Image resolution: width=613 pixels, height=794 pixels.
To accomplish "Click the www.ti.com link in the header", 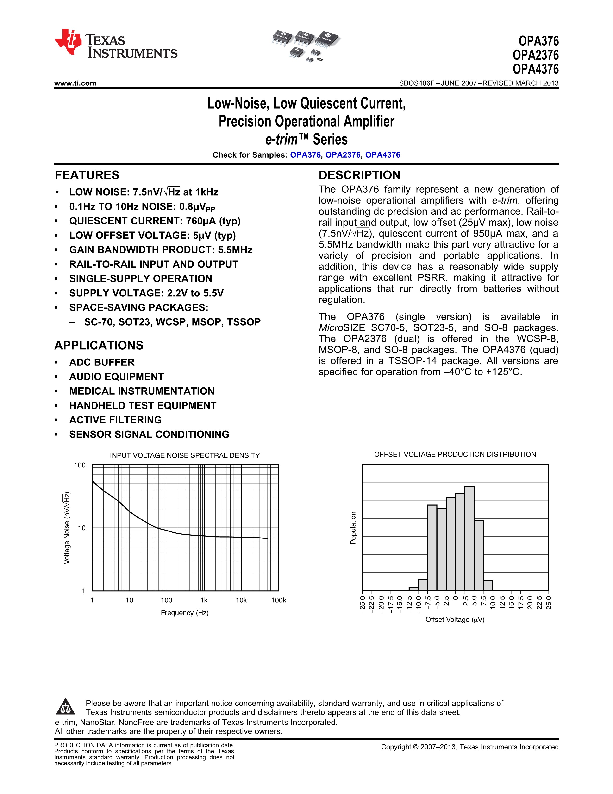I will pos(75,83).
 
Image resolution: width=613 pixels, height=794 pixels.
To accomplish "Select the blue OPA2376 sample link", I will pos(343,155).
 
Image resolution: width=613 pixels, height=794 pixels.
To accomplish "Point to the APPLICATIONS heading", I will pos(99,345).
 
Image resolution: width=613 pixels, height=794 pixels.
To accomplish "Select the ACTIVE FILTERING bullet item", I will pos(115,420).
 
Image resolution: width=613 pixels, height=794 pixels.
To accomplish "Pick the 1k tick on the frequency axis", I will pos(204,600).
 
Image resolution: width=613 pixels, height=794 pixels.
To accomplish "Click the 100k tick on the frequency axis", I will pos(279,600).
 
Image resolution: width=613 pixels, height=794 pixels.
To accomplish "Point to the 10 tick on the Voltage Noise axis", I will pos(82,528).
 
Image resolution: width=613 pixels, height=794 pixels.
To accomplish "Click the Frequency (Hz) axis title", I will pos(184,613).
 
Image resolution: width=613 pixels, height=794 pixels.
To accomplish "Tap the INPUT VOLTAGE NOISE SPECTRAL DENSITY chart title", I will pos(185,455).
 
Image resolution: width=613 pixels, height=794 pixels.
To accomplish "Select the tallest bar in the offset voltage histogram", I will pos(469,538).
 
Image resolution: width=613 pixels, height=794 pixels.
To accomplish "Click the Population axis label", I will pos(353,528).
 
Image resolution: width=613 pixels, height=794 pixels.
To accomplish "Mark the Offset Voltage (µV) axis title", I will pos(455,620).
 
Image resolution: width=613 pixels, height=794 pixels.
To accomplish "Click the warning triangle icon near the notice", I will pos(66,707).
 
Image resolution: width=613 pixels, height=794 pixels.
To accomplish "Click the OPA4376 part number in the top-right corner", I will pos(535,69).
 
